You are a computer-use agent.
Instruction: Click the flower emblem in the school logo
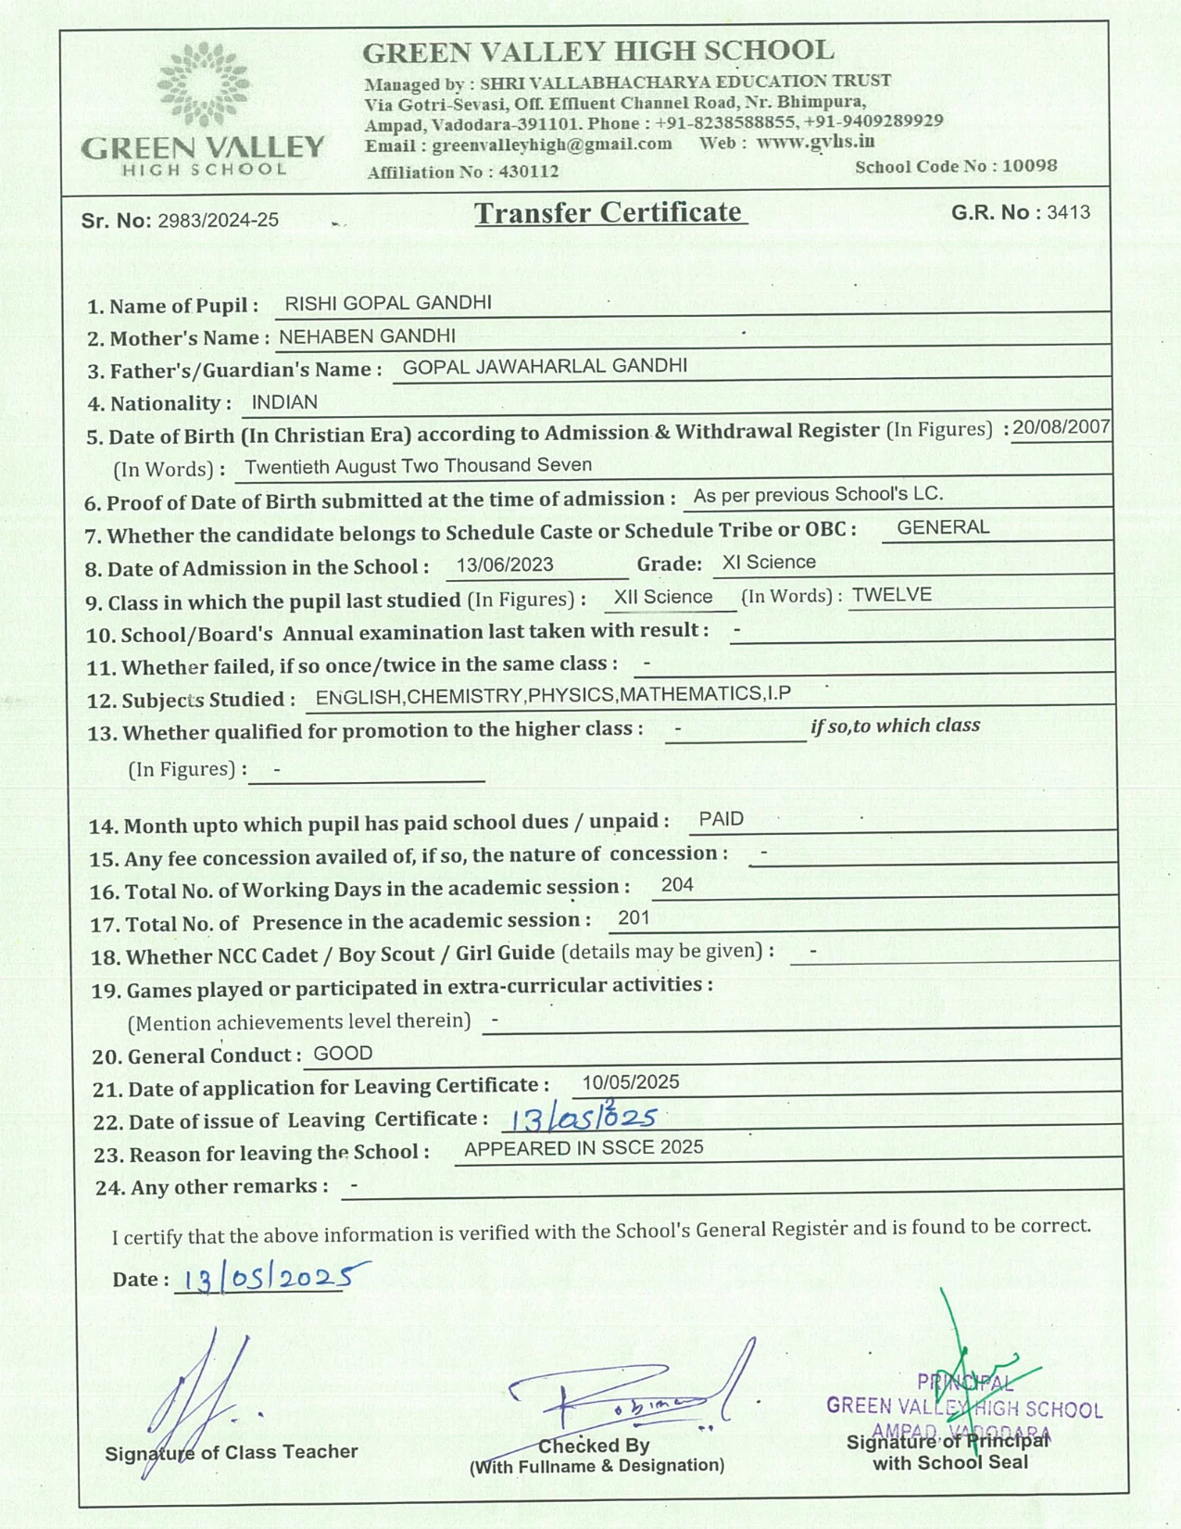point(203,84)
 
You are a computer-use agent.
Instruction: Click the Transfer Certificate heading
point(609,212)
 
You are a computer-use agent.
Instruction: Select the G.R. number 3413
point(1068,212)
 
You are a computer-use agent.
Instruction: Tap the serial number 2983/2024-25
point(218,221)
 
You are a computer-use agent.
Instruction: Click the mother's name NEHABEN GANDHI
point(367,336)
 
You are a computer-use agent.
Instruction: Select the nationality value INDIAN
point(284,402)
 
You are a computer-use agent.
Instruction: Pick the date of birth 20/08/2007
point(1061,427)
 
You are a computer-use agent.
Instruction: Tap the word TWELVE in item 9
point(891,595)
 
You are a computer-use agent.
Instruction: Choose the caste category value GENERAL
point(943,527)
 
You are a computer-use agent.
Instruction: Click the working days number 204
point(677,885)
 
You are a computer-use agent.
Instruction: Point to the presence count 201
point(634,917)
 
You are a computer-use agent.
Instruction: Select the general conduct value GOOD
point(343,1054)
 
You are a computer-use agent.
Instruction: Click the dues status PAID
point(721,819)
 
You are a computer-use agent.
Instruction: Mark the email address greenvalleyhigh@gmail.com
point(551,145)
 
